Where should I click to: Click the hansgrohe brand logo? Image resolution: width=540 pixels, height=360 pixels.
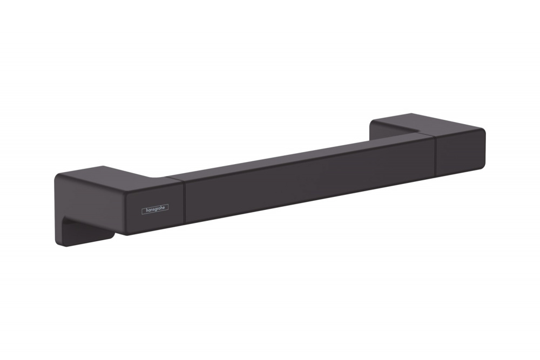[x=155, y=208]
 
